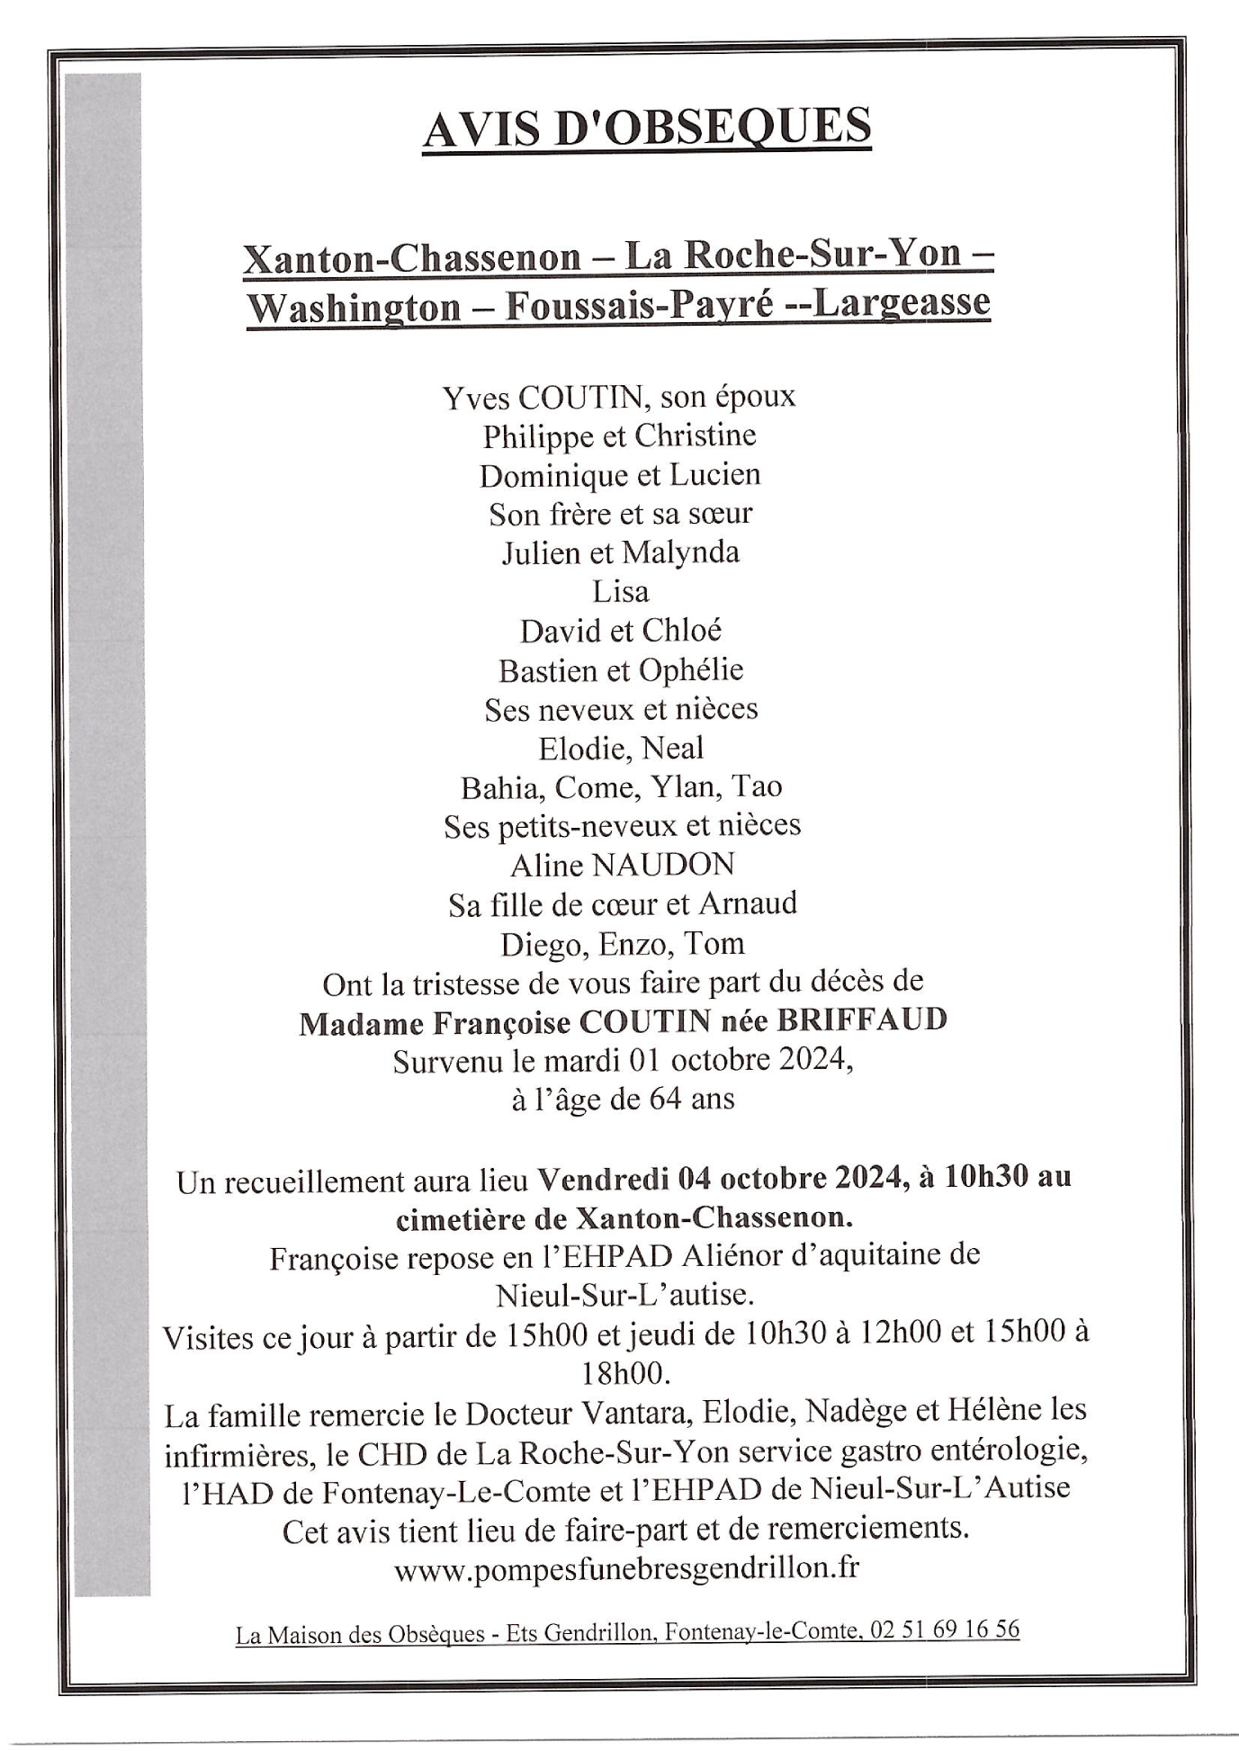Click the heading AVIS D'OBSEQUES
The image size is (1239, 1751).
[x=646, y=128]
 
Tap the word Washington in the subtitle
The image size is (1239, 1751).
[x=354, y=308]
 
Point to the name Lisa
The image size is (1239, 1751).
[x=620, y=591]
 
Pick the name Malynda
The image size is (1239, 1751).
[x=680, y=552]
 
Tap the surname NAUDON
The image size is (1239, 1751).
[x=662, y=865]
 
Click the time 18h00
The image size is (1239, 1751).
[x=627, y=1374]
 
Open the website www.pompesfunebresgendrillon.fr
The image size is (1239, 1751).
[x=626, y=1568]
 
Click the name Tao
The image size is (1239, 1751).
[x=757, y=787]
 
